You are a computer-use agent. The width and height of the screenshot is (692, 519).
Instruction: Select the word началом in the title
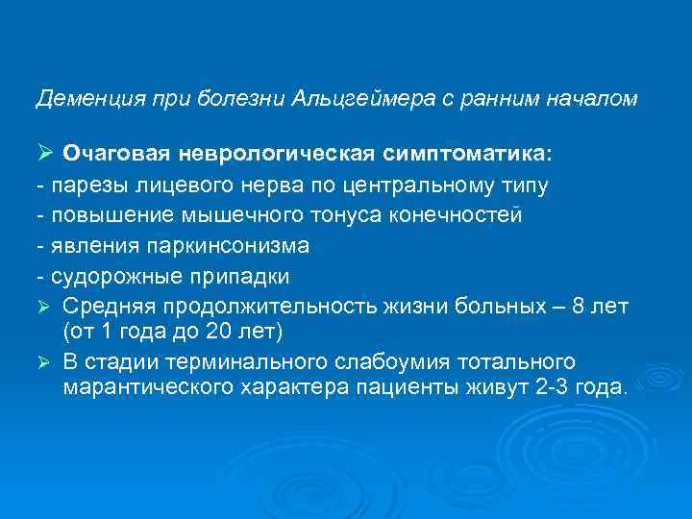[594, 98]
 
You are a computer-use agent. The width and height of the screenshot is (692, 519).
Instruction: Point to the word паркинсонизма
[229, 245]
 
